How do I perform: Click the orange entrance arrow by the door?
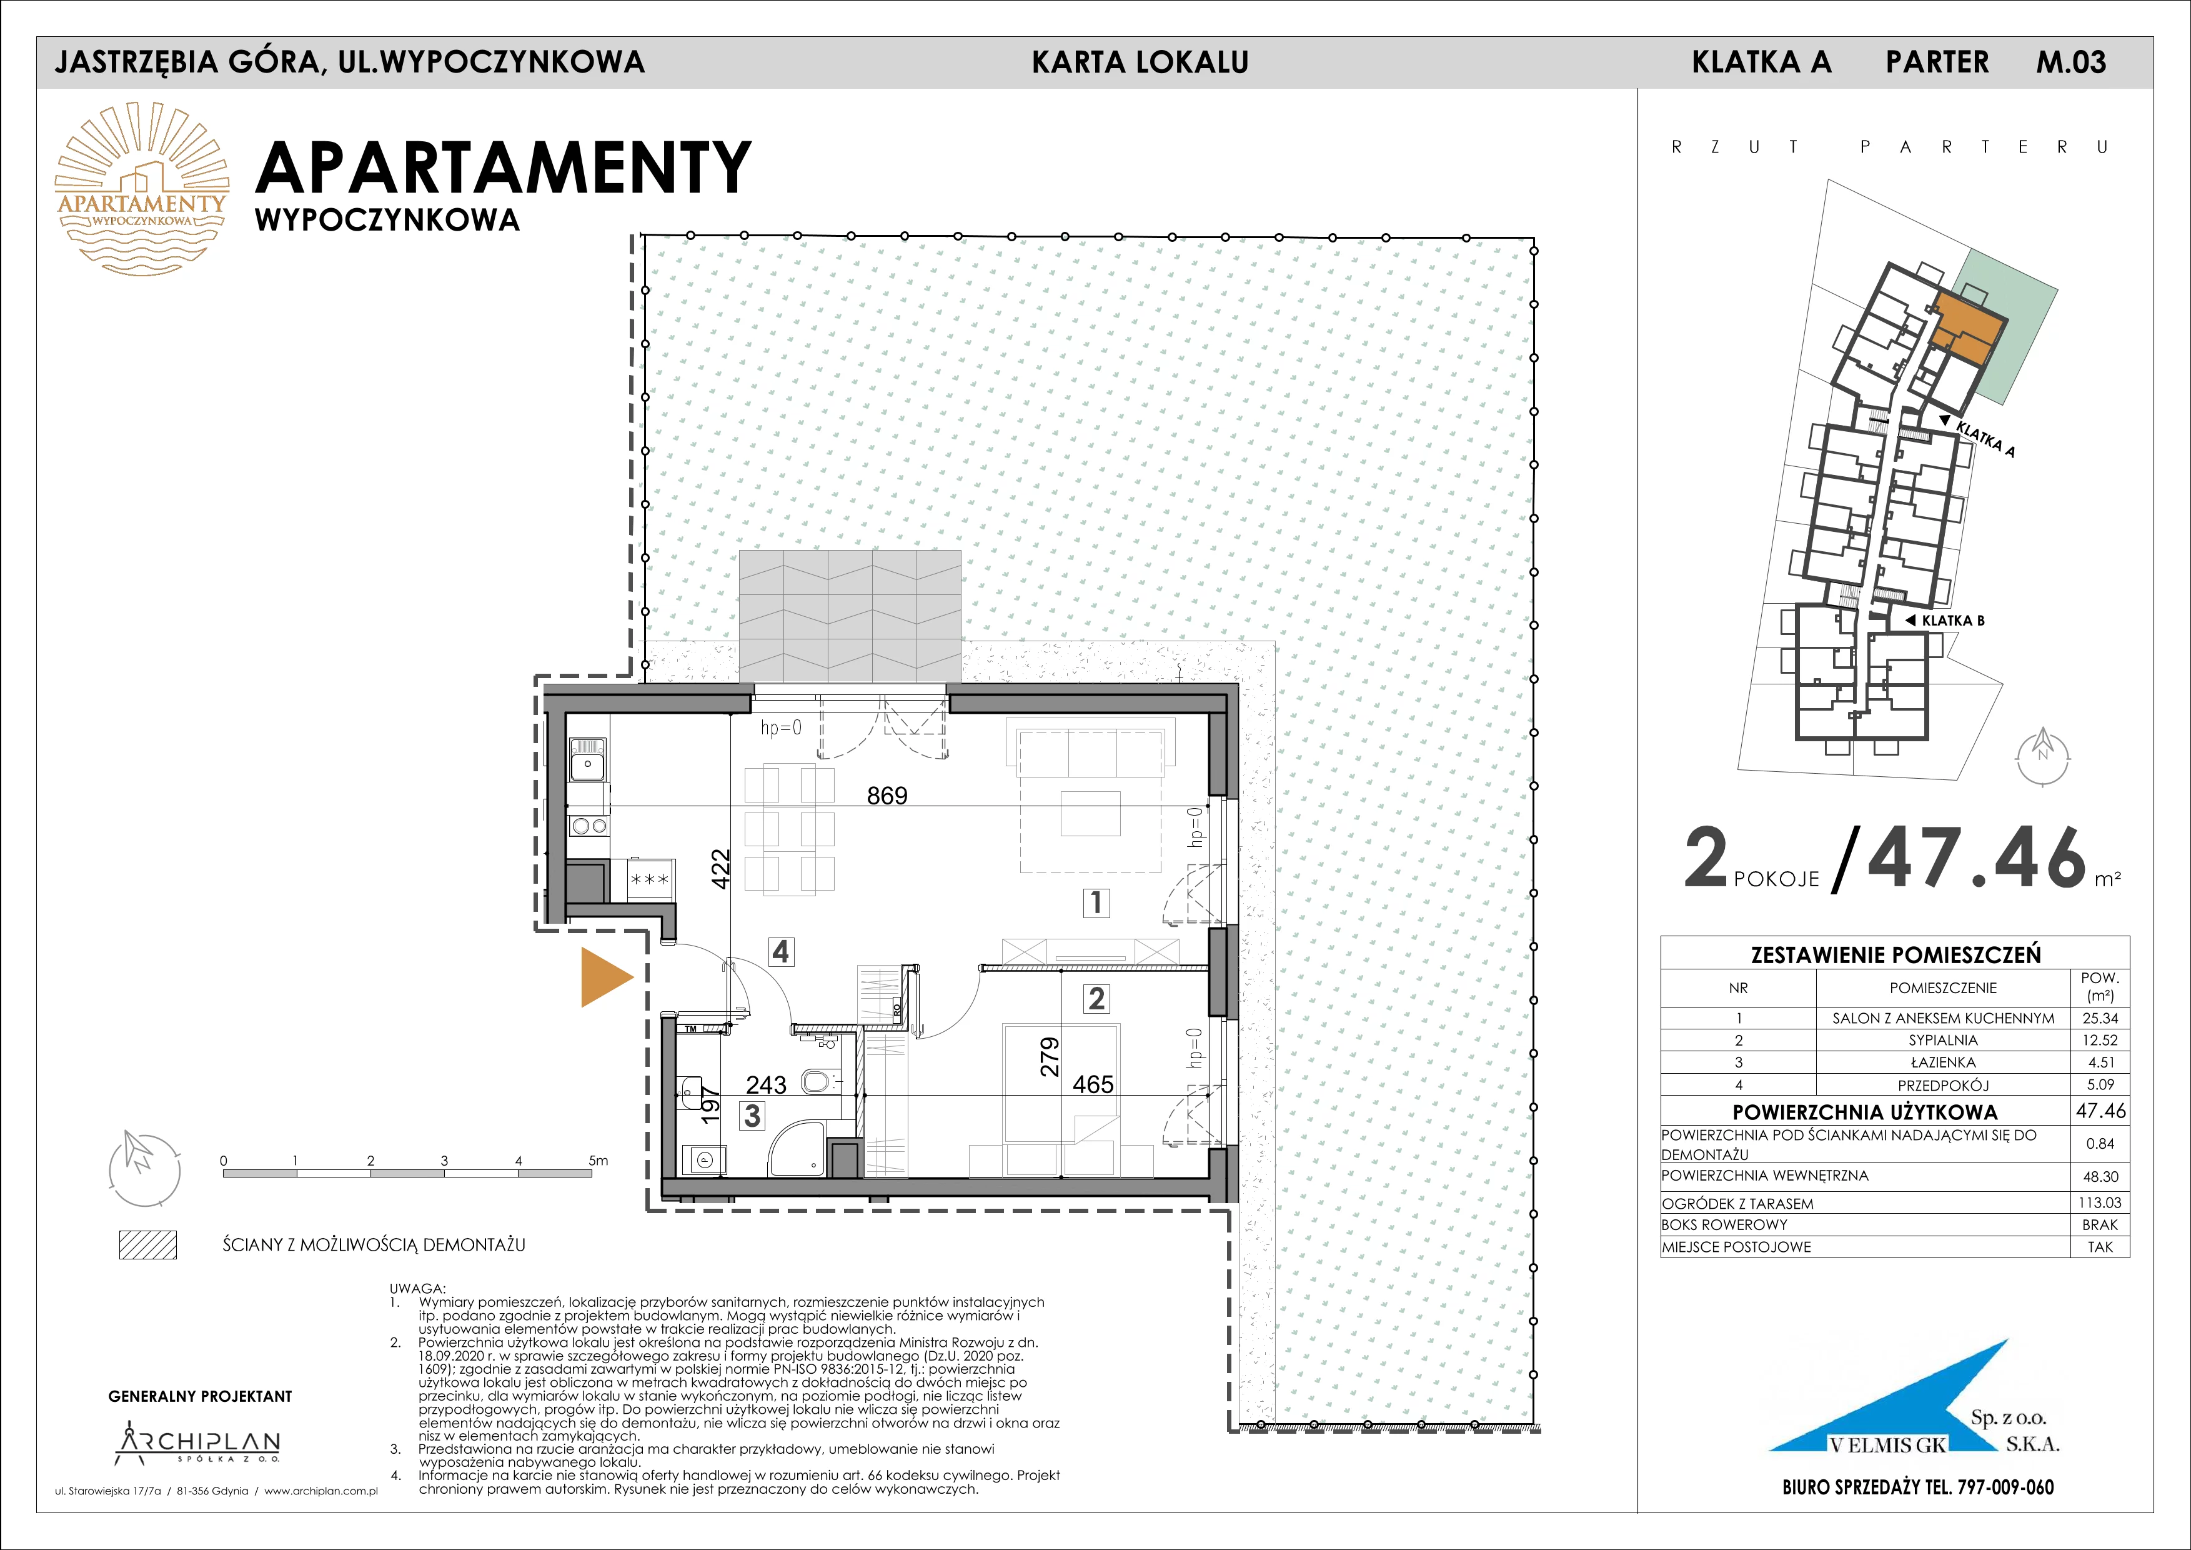tap(605, 977)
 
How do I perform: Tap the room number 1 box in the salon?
tap(1096, 902)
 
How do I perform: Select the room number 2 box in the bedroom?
tap(1096, 998)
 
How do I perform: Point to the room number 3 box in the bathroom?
tap(753, 1115)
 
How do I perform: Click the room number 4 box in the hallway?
tap(780, 952)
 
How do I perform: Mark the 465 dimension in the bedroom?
tap(1093, 1084)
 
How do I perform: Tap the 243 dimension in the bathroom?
tap(767, 1084)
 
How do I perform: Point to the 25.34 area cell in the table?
tap(2100, 1018)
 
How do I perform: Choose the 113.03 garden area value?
tap(2100, 1202)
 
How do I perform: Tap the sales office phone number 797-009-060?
tap(2002, 1487)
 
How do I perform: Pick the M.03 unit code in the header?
tap(2071, 62)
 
